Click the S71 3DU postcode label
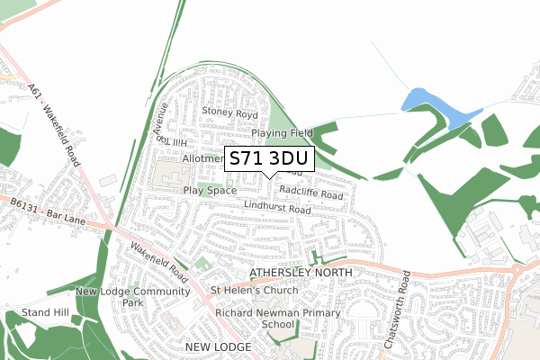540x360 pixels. pyautogui.click(x=268, y=158)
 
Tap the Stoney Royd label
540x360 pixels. pyautogui.click(x=230, y=114)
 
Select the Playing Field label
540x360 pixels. pyautogui.click(x=282, y=133)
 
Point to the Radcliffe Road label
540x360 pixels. pyautogui.click(x=311, y=193)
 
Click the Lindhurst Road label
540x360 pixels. pyautogui.click(x=276, y=209)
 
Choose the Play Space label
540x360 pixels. pyautogui.click(x=210, y=191)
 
